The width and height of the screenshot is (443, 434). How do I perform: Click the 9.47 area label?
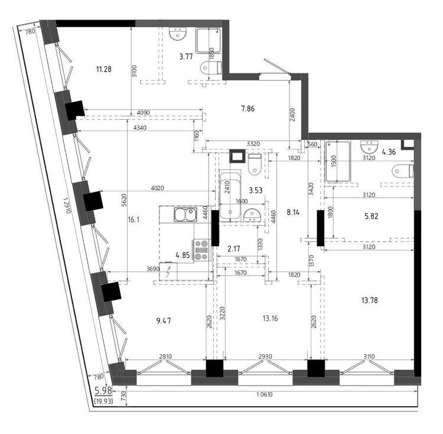[164, 321]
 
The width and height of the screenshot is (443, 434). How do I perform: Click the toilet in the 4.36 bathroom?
[403, 171]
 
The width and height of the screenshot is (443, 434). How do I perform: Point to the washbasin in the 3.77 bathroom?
[177, 36]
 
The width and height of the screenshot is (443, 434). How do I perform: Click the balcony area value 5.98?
[104, 390]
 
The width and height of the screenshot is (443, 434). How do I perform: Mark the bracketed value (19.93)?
[105, 402]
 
